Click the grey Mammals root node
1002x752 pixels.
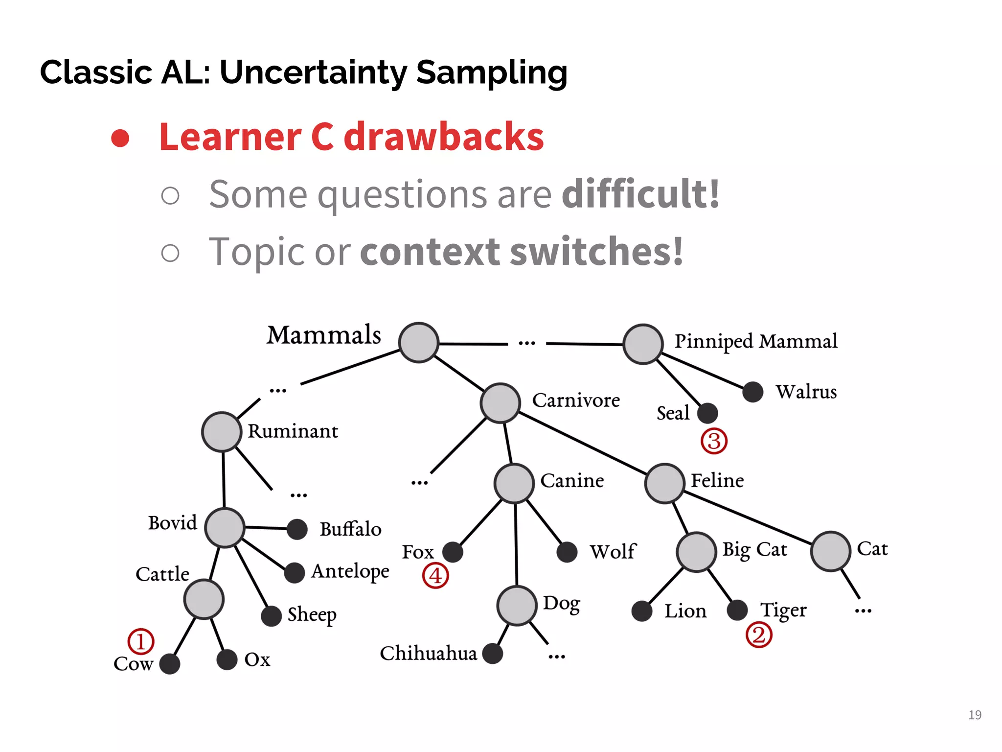(x=418, y=342)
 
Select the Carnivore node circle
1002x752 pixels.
(x=500, y=403)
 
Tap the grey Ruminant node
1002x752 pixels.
(x=222, y=431)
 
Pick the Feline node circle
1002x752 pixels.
(x=664, y=483)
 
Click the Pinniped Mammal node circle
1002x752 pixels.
(x=643, y=344)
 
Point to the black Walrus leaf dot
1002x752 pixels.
(x=752, y=392)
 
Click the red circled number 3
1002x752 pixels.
(x=714, y=441)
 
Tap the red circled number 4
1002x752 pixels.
(x=435, y=575)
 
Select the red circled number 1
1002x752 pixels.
(x=141, y=641)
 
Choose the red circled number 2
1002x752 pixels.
(x=758, y=635)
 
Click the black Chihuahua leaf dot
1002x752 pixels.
(x=492, y=654)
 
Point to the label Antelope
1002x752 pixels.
(x=350, y=571)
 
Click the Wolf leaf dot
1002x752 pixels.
(x=567, y=552)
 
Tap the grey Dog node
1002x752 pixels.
(x=517, y=605)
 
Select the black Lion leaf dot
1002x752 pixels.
(x=641, y=611)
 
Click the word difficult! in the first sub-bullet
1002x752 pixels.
(x=640, y=194)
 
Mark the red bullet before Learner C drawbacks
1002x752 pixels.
(x=120, y=138)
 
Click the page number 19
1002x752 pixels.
(x=975, y=715)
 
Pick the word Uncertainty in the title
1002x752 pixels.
(x=313, y=72)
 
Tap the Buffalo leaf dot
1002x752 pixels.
(x=297, y=529)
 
